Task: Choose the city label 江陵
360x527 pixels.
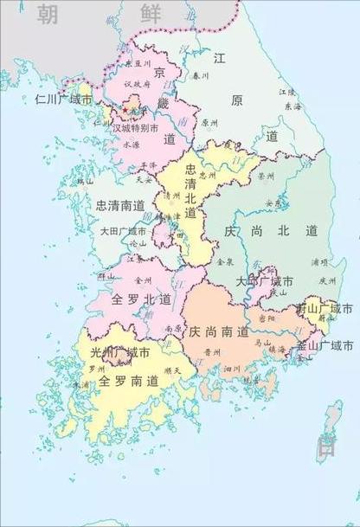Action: click(286, 92)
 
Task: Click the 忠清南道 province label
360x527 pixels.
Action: click(121, 206)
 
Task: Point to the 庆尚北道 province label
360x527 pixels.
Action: click(271, 231)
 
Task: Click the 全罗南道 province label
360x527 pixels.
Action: click(128, 380)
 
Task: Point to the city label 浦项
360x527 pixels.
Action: click(318, 260)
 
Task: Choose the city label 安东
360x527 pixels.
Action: click(274, 203)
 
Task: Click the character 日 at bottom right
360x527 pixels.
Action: click(327, 447)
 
